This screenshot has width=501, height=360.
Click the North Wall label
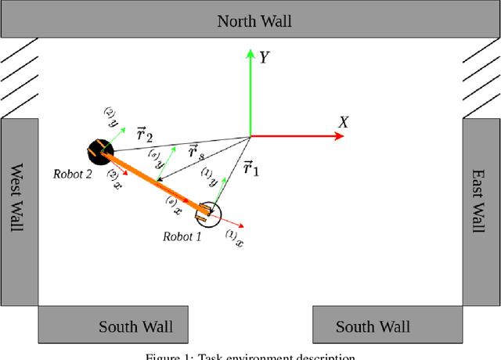click(254, 21)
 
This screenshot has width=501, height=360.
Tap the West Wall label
click(16, 197)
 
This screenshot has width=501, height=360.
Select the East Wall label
click(480, 200)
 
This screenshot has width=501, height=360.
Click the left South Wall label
click(135, 326)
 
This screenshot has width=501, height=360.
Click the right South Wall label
click(373, 326)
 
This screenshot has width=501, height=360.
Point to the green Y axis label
click(265, 58)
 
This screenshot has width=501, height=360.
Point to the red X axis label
click(342, 121)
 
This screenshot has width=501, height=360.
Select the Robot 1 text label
click(182, 236)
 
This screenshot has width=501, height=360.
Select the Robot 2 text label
click(73, 174)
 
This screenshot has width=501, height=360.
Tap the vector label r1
click(251, 167)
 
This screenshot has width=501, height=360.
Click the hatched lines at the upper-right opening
click(481, 75)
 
